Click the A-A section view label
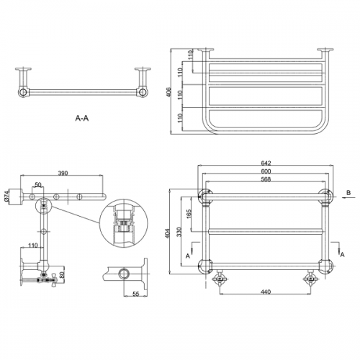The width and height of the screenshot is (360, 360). [x=82, y=118]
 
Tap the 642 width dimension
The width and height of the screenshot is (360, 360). [x=266, y=163]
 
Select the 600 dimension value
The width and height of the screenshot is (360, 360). [x=266, y=171]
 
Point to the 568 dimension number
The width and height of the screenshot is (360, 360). [x=266, y=179]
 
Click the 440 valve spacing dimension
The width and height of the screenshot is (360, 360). [x=266, y=292]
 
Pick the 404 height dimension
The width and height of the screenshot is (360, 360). [x=168, y=233]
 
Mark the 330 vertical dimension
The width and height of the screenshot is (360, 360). [x=179, y=232]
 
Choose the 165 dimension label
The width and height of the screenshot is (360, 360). [x=189, y=215]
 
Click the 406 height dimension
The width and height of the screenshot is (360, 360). [x=168, y=92]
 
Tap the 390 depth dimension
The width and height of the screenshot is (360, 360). [x=63, y=173]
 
